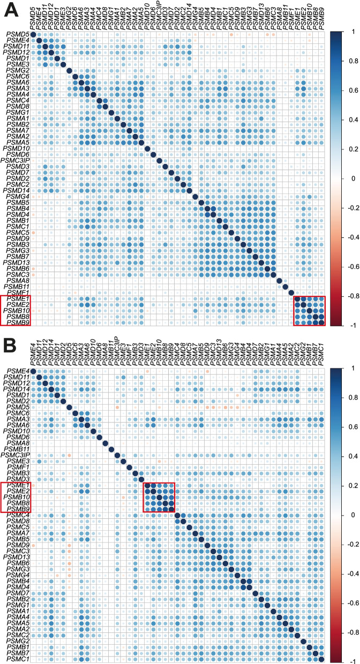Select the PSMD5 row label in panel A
[x=18, y=35]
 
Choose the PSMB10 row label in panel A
[x=17, y=311]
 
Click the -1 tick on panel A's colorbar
[x=346, y=325]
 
